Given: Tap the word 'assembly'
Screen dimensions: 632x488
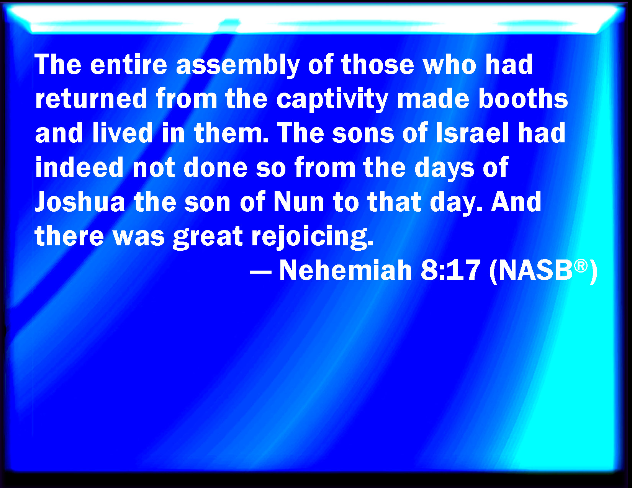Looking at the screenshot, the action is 238,66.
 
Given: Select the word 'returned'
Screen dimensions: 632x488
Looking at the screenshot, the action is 91,98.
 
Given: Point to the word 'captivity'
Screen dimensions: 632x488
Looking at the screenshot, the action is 332,100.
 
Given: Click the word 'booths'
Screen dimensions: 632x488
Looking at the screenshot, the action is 523,98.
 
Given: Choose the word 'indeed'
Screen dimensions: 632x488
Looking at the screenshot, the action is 79,167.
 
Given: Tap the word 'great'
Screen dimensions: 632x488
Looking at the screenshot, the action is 208,237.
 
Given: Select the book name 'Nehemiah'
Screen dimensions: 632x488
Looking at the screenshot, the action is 345,270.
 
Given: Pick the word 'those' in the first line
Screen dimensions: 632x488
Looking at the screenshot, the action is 378,65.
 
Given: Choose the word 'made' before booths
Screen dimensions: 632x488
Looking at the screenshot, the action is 433,98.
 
